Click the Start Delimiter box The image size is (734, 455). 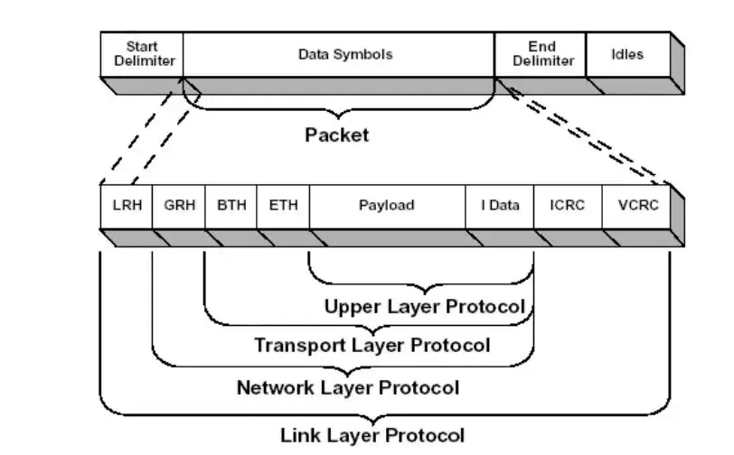point(142,54)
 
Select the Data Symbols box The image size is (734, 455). point(339,54)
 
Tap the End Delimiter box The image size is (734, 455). point(541,54)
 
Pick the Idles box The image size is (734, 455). point(627,54)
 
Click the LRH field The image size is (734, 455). point(126,206)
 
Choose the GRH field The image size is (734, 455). point(179,206)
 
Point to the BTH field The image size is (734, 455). point(231,206)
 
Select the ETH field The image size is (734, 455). point(283,206)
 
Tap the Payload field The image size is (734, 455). point(387,206)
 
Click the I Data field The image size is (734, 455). point(500,206)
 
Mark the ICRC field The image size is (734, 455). point(568,206)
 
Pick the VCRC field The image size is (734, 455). point(637,206)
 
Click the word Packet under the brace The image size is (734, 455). point(336,136)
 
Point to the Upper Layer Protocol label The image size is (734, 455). point(425,307)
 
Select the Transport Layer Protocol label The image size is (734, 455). point(372,346)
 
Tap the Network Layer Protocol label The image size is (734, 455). point(348,389)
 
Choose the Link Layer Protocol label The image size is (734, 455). point(372,436)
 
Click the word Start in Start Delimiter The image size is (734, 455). point(142,46)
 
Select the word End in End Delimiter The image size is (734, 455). point(541,46)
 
